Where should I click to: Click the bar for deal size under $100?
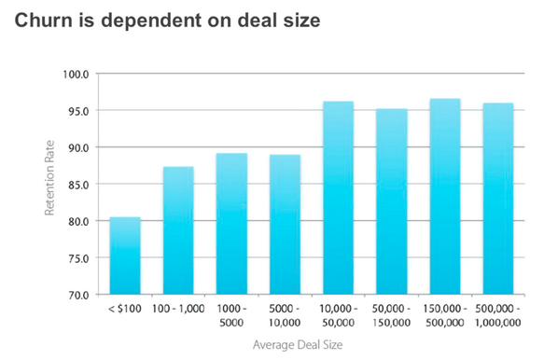[125, 256]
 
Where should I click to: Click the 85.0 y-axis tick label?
[77, 184]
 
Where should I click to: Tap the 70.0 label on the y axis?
[77, 295]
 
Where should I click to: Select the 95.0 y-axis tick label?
[77, 111]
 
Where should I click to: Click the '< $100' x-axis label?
[124, 308]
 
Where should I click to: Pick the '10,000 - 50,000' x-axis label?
[338, 313]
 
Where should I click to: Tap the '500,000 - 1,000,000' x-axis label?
[497, 313]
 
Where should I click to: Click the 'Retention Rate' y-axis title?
[49, 183]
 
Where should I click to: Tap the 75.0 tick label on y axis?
[77, 257]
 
